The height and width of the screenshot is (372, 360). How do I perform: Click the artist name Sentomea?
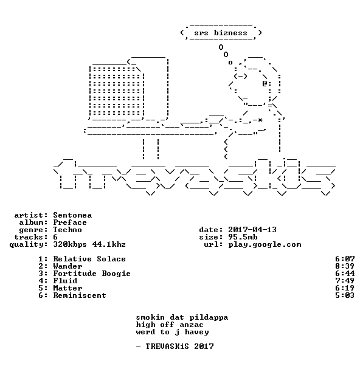72,215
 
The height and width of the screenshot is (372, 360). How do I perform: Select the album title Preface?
70,222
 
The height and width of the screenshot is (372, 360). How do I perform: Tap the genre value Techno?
67,230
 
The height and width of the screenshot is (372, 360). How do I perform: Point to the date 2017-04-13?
252,230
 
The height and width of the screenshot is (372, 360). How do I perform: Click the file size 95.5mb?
243,237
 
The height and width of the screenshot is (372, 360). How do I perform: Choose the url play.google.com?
265,244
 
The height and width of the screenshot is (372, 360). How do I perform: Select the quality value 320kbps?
70,244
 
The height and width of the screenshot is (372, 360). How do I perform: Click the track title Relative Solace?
89,259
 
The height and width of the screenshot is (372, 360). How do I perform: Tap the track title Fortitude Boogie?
92,274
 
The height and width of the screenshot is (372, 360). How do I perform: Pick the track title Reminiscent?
80,295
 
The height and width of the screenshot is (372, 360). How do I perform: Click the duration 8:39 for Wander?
345,266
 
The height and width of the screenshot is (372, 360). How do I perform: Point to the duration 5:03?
345,295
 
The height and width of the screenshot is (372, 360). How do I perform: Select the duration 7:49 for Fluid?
345,281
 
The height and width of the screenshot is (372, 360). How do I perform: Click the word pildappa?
209,317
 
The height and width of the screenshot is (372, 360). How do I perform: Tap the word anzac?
192,325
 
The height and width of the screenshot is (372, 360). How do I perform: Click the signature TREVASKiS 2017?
179,346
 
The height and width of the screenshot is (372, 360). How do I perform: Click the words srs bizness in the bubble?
221,33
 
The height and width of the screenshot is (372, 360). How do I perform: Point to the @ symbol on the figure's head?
265,83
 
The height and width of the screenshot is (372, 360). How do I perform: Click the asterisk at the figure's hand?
260,120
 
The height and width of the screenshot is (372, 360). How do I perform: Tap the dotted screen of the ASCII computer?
117,91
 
